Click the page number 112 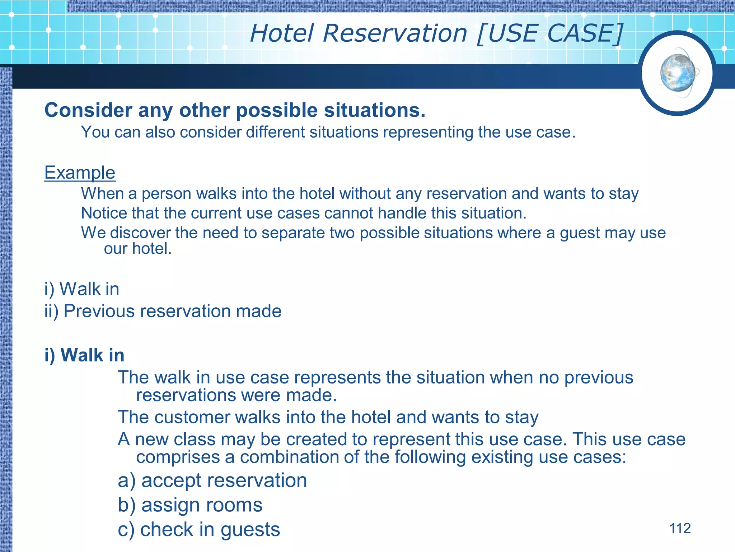point(680,529)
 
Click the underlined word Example point(80,173)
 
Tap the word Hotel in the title point(282,33)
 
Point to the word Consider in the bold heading point(88,110)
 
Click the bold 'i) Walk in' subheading point(84,355)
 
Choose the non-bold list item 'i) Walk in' point(82,289)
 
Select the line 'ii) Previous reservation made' point(163,311)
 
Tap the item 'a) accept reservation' point(212,480)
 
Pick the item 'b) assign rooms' point(190,505)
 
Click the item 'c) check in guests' point(199,529)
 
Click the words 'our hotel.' point(138,249)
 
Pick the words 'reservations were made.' point(237,395)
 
